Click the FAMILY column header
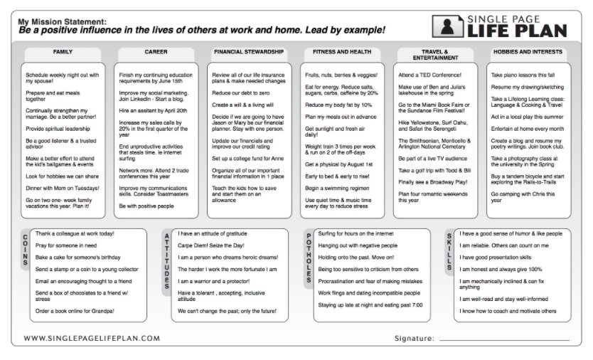63,52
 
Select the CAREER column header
156,52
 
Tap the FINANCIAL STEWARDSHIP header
249,52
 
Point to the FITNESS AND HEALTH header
341,52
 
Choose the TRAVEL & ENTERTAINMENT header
434,55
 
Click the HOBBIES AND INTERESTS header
527,52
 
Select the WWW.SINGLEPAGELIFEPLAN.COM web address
92,338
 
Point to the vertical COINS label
26,249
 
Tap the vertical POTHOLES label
309,257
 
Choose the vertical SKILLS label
449,249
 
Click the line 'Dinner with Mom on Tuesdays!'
62,189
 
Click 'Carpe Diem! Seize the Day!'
211,245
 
